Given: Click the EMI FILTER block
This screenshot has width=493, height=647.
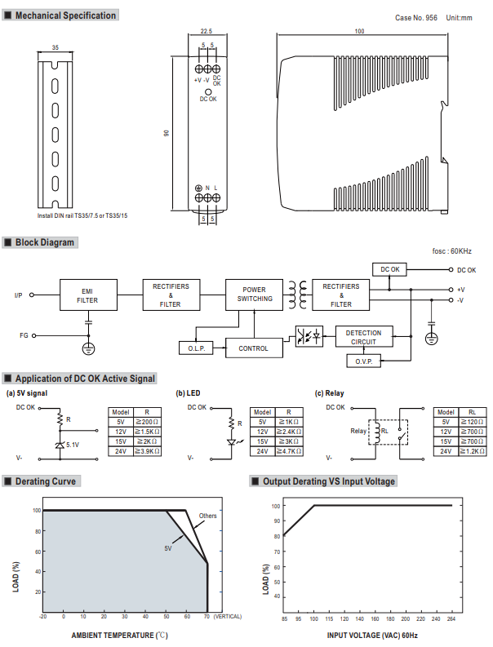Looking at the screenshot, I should coord(87,295).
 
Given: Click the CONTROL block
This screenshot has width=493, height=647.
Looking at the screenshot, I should coord(253,348).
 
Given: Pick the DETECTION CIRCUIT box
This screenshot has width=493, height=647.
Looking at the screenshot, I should coord(363,337).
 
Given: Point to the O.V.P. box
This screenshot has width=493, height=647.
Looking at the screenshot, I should coord(363,360).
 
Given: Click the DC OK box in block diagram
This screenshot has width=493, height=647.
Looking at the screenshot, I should coord(390,269).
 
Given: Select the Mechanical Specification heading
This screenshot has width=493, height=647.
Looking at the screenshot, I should coord(65,16).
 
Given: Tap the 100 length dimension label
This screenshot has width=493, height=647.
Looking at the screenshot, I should coord(360,32).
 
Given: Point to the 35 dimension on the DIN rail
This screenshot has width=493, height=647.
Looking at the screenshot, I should coord(55,48).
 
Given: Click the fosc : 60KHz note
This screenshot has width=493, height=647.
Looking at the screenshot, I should coord(452,251).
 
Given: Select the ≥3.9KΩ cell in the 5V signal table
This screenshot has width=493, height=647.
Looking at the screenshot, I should coord(148,450).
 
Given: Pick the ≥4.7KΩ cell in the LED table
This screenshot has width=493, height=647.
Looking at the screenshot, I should coord(290,450).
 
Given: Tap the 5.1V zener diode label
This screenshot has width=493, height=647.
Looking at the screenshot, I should coord(73,445).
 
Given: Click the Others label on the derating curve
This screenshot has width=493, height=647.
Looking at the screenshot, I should coord(207,516).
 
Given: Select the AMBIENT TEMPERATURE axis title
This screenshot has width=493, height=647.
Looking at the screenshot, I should coord(119,634).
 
